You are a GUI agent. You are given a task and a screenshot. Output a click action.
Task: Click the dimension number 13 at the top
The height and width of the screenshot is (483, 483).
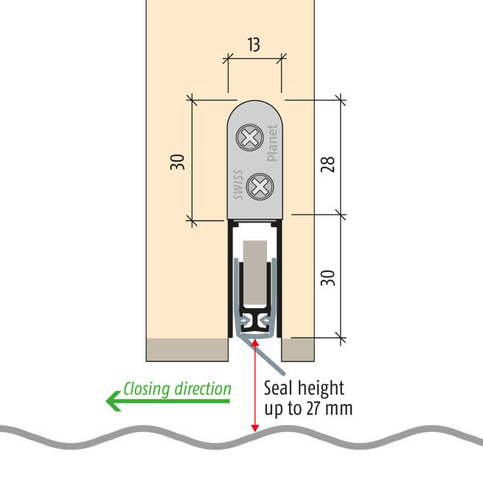tap(254, 45)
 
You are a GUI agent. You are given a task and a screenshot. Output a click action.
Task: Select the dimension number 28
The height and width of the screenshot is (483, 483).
tap(328, 162)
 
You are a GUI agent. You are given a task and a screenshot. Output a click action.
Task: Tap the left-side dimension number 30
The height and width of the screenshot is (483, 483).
tap(178, 162)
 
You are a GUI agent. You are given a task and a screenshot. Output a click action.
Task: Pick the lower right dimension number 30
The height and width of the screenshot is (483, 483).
tap(328, 277)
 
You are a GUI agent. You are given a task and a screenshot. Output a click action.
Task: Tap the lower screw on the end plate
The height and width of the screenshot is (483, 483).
tap(259, 186)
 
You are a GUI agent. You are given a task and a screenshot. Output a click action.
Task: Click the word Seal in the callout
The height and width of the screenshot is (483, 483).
tap(279, 388)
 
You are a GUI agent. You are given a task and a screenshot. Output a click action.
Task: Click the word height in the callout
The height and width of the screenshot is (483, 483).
tap(322, 388)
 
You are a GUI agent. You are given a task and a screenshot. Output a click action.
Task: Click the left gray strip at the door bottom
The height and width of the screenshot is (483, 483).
tap(187, 350)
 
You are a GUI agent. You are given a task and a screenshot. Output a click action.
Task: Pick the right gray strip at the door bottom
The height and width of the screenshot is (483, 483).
tap(299, 350)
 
